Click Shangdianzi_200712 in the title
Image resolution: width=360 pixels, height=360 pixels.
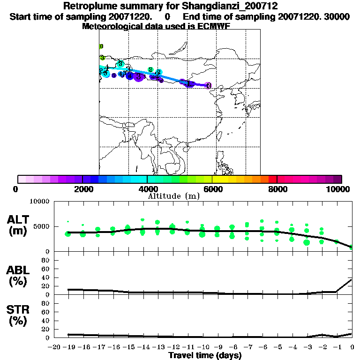(214, 6)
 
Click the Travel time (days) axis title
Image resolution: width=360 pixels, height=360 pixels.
(205, 356)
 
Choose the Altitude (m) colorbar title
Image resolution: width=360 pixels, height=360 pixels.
(173, 196)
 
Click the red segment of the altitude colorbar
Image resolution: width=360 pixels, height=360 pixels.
(272, 179)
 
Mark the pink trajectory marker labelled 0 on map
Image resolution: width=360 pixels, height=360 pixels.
(208, 85)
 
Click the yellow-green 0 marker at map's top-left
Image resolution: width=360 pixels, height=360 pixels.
(101, 46)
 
